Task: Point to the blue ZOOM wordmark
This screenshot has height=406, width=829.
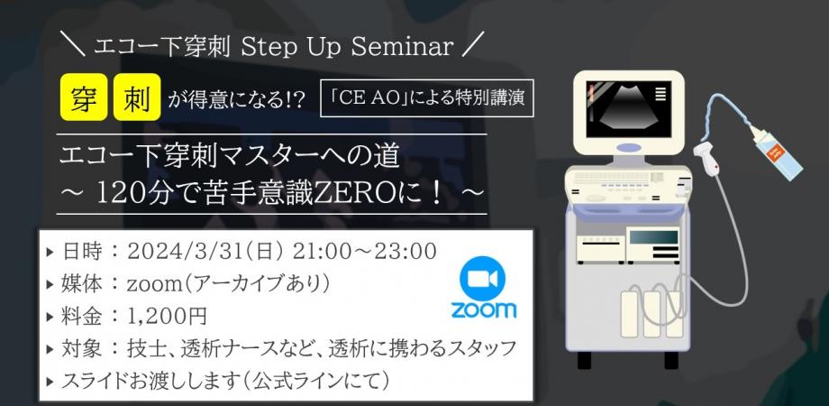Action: pos(483,309)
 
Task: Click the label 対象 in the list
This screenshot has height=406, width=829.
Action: pos(81,348)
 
